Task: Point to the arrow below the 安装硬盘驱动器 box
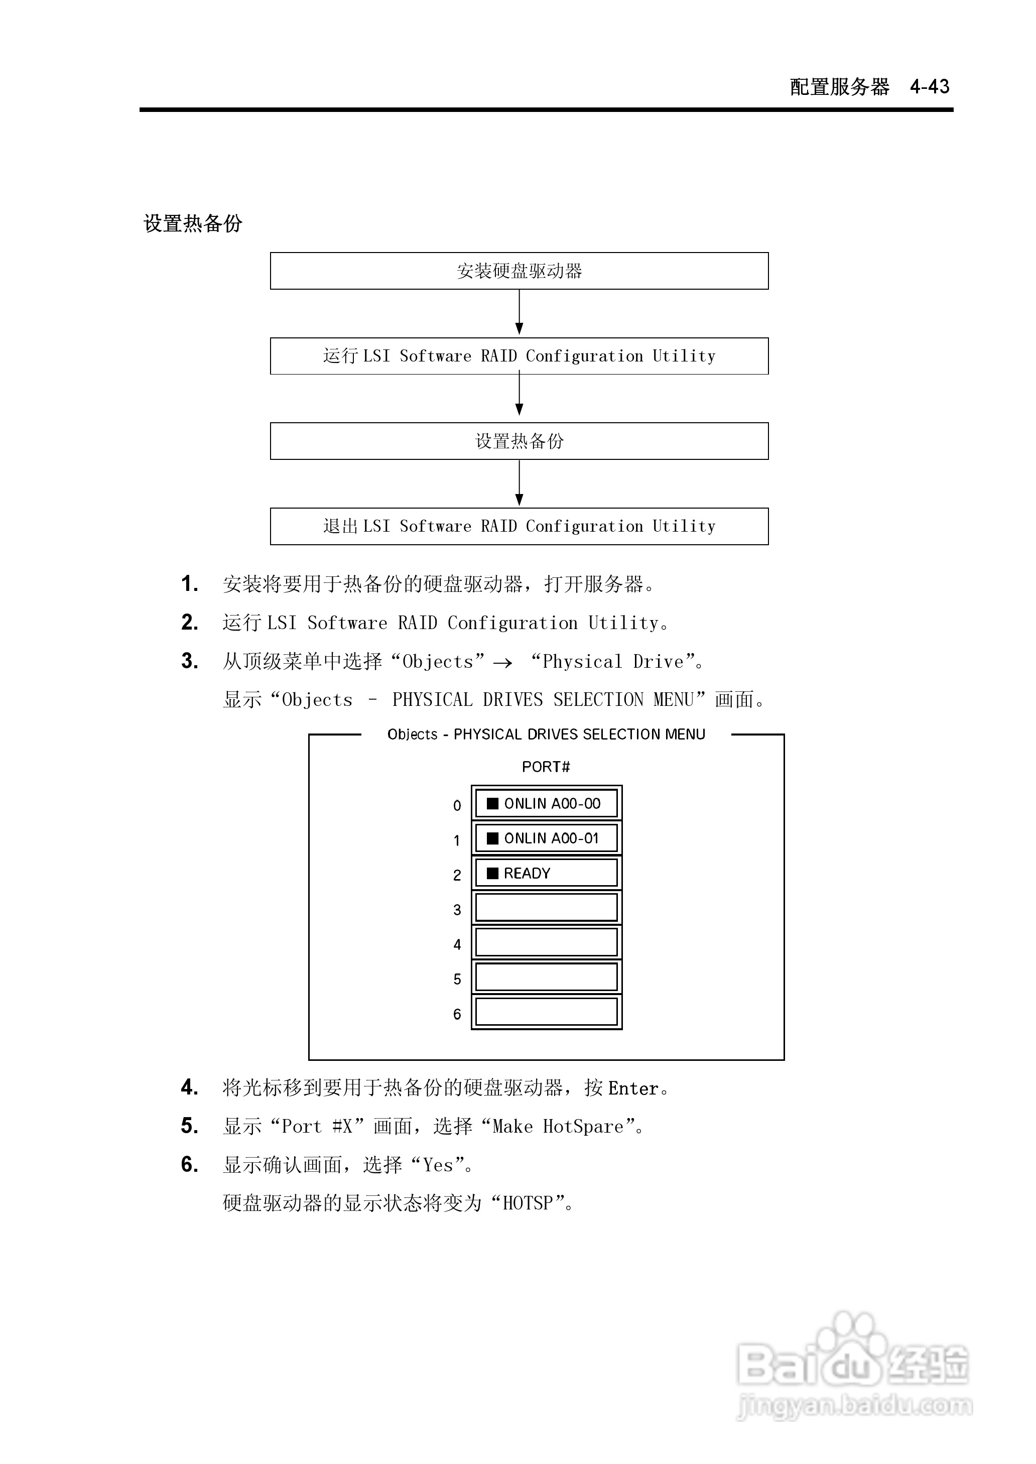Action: (520, 313)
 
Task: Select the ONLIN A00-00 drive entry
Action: (546, 804)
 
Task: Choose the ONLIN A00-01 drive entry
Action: (546, 838)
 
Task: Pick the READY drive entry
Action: (546, 873)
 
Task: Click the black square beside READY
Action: (492, 873)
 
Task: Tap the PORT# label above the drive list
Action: (546, 767)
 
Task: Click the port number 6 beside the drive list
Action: (457, 1014)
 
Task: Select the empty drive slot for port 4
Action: (546, 942)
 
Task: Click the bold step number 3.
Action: (189, 661)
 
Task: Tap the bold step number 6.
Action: (189, 1164)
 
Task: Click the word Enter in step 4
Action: (633, 1088)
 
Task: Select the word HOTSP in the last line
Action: (528, 1203)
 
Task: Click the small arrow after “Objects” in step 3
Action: (502, 663)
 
